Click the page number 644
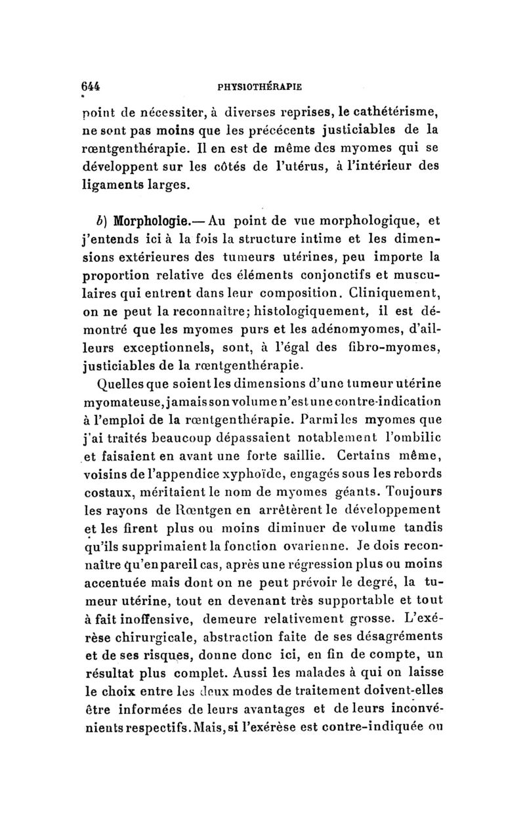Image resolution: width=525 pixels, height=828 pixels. coord(88,85)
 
